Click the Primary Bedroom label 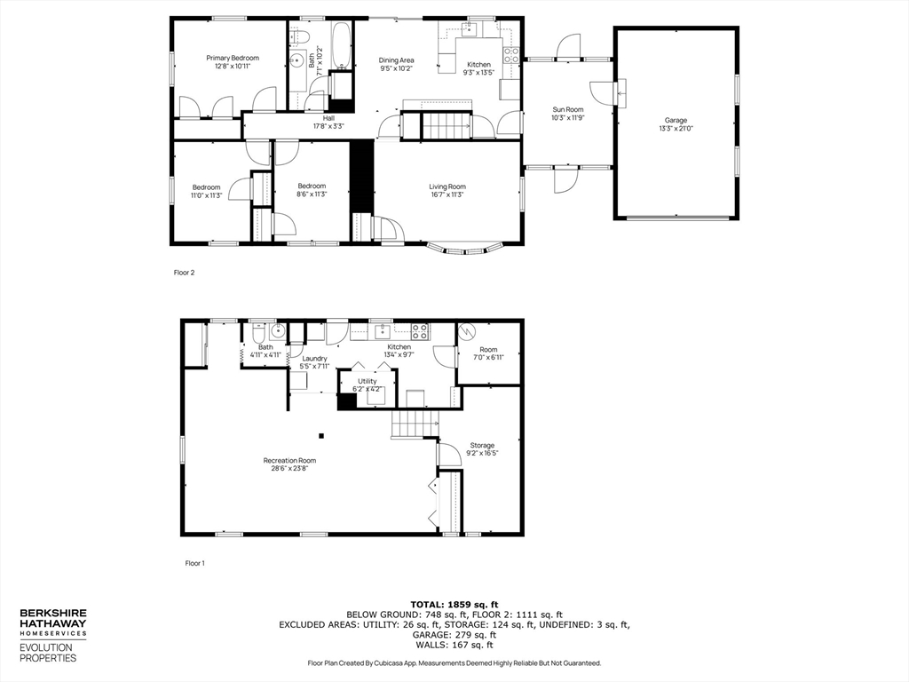(x=232, y=61)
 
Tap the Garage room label (x=676, y=124)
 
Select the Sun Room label (x=568, y=113)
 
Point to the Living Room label (x=447, y=190)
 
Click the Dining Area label (x=397, y=64)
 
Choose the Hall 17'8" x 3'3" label (x=328, y=122)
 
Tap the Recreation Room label (x=289, y=464)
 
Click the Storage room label (x=482, y=448)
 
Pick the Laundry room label (x=315, y=361)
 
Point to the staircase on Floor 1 (x=415, y=424)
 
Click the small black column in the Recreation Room (x=321, y=435)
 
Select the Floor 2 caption (x=184, y=273)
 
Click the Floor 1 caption (x=194, y=563)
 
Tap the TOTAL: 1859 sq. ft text (x=454, y=604)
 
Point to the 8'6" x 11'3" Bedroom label (x=312, y=190)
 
